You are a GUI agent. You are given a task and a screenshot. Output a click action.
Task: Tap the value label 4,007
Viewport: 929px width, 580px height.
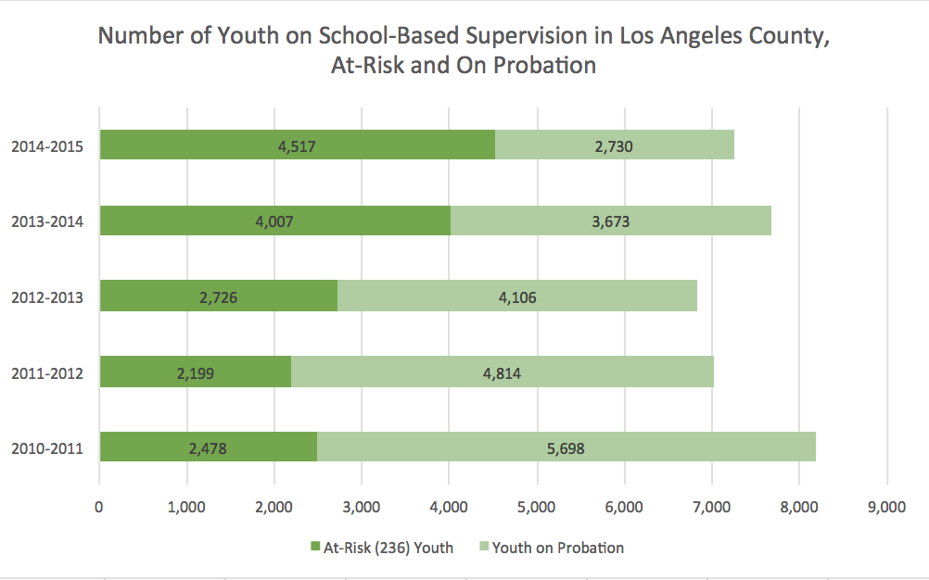[x=274, y=221]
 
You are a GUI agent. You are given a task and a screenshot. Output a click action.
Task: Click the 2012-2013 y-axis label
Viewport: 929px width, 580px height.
[x=47, y=297]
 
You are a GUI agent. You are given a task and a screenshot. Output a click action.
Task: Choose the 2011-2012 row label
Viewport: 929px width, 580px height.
[x=47, y=373]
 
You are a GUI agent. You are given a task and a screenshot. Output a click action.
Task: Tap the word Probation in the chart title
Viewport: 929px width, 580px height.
[x=543, y=66]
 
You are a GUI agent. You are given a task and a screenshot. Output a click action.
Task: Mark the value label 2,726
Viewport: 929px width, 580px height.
[x=218, y=297]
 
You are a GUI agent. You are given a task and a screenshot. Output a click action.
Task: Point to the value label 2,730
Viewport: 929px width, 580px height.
[x=614, y=145]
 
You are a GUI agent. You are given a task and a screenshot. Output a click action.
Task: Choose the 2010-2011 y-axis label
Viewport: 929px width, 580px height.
[x=47, y=449]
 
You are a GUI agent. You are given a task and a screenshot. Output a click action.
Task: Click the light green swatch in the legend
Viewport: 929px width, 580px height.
[x=484, y=548]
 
